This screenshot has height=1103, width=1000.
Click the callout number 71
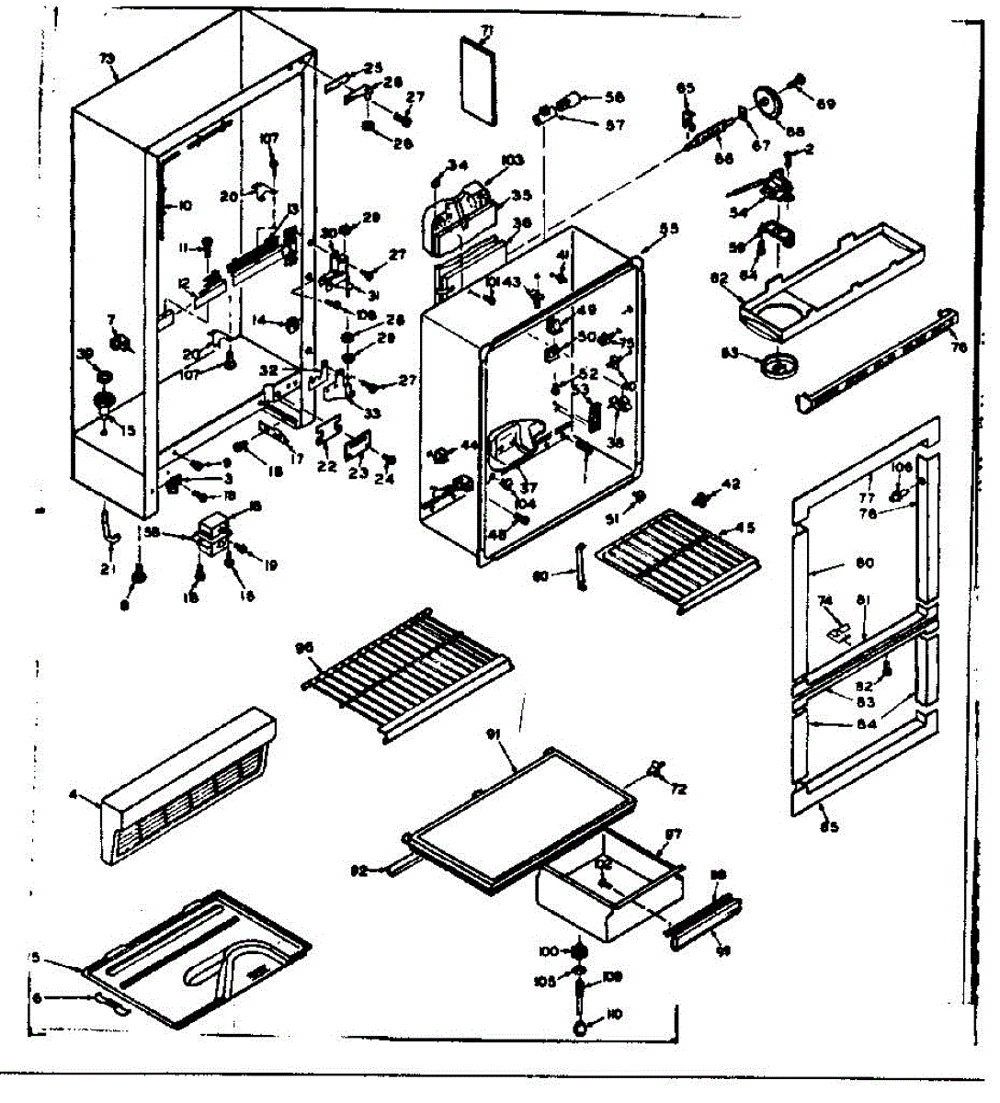(x=487, y=31)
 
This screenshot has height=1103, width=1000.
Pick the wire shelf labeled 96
(x=409, y=671)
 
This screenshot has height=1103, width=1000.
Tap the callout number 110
(x=615, y=1014)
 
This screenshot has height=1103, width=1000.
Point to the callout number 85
(x=829, y=825)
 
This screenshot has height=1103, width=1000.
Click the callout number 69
(x=826, y=105)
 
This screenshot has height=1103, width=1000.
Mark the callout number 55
(x=669, y=228)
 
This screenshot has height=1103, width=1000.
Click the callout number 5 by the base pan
(x=35, y=957)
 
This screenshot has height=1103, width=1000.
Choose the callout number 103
(x=512, y=160)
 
